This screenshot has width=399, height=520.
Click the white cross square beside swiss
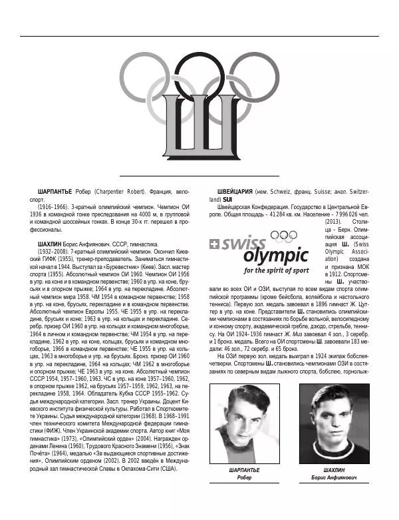pos(213,244)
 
